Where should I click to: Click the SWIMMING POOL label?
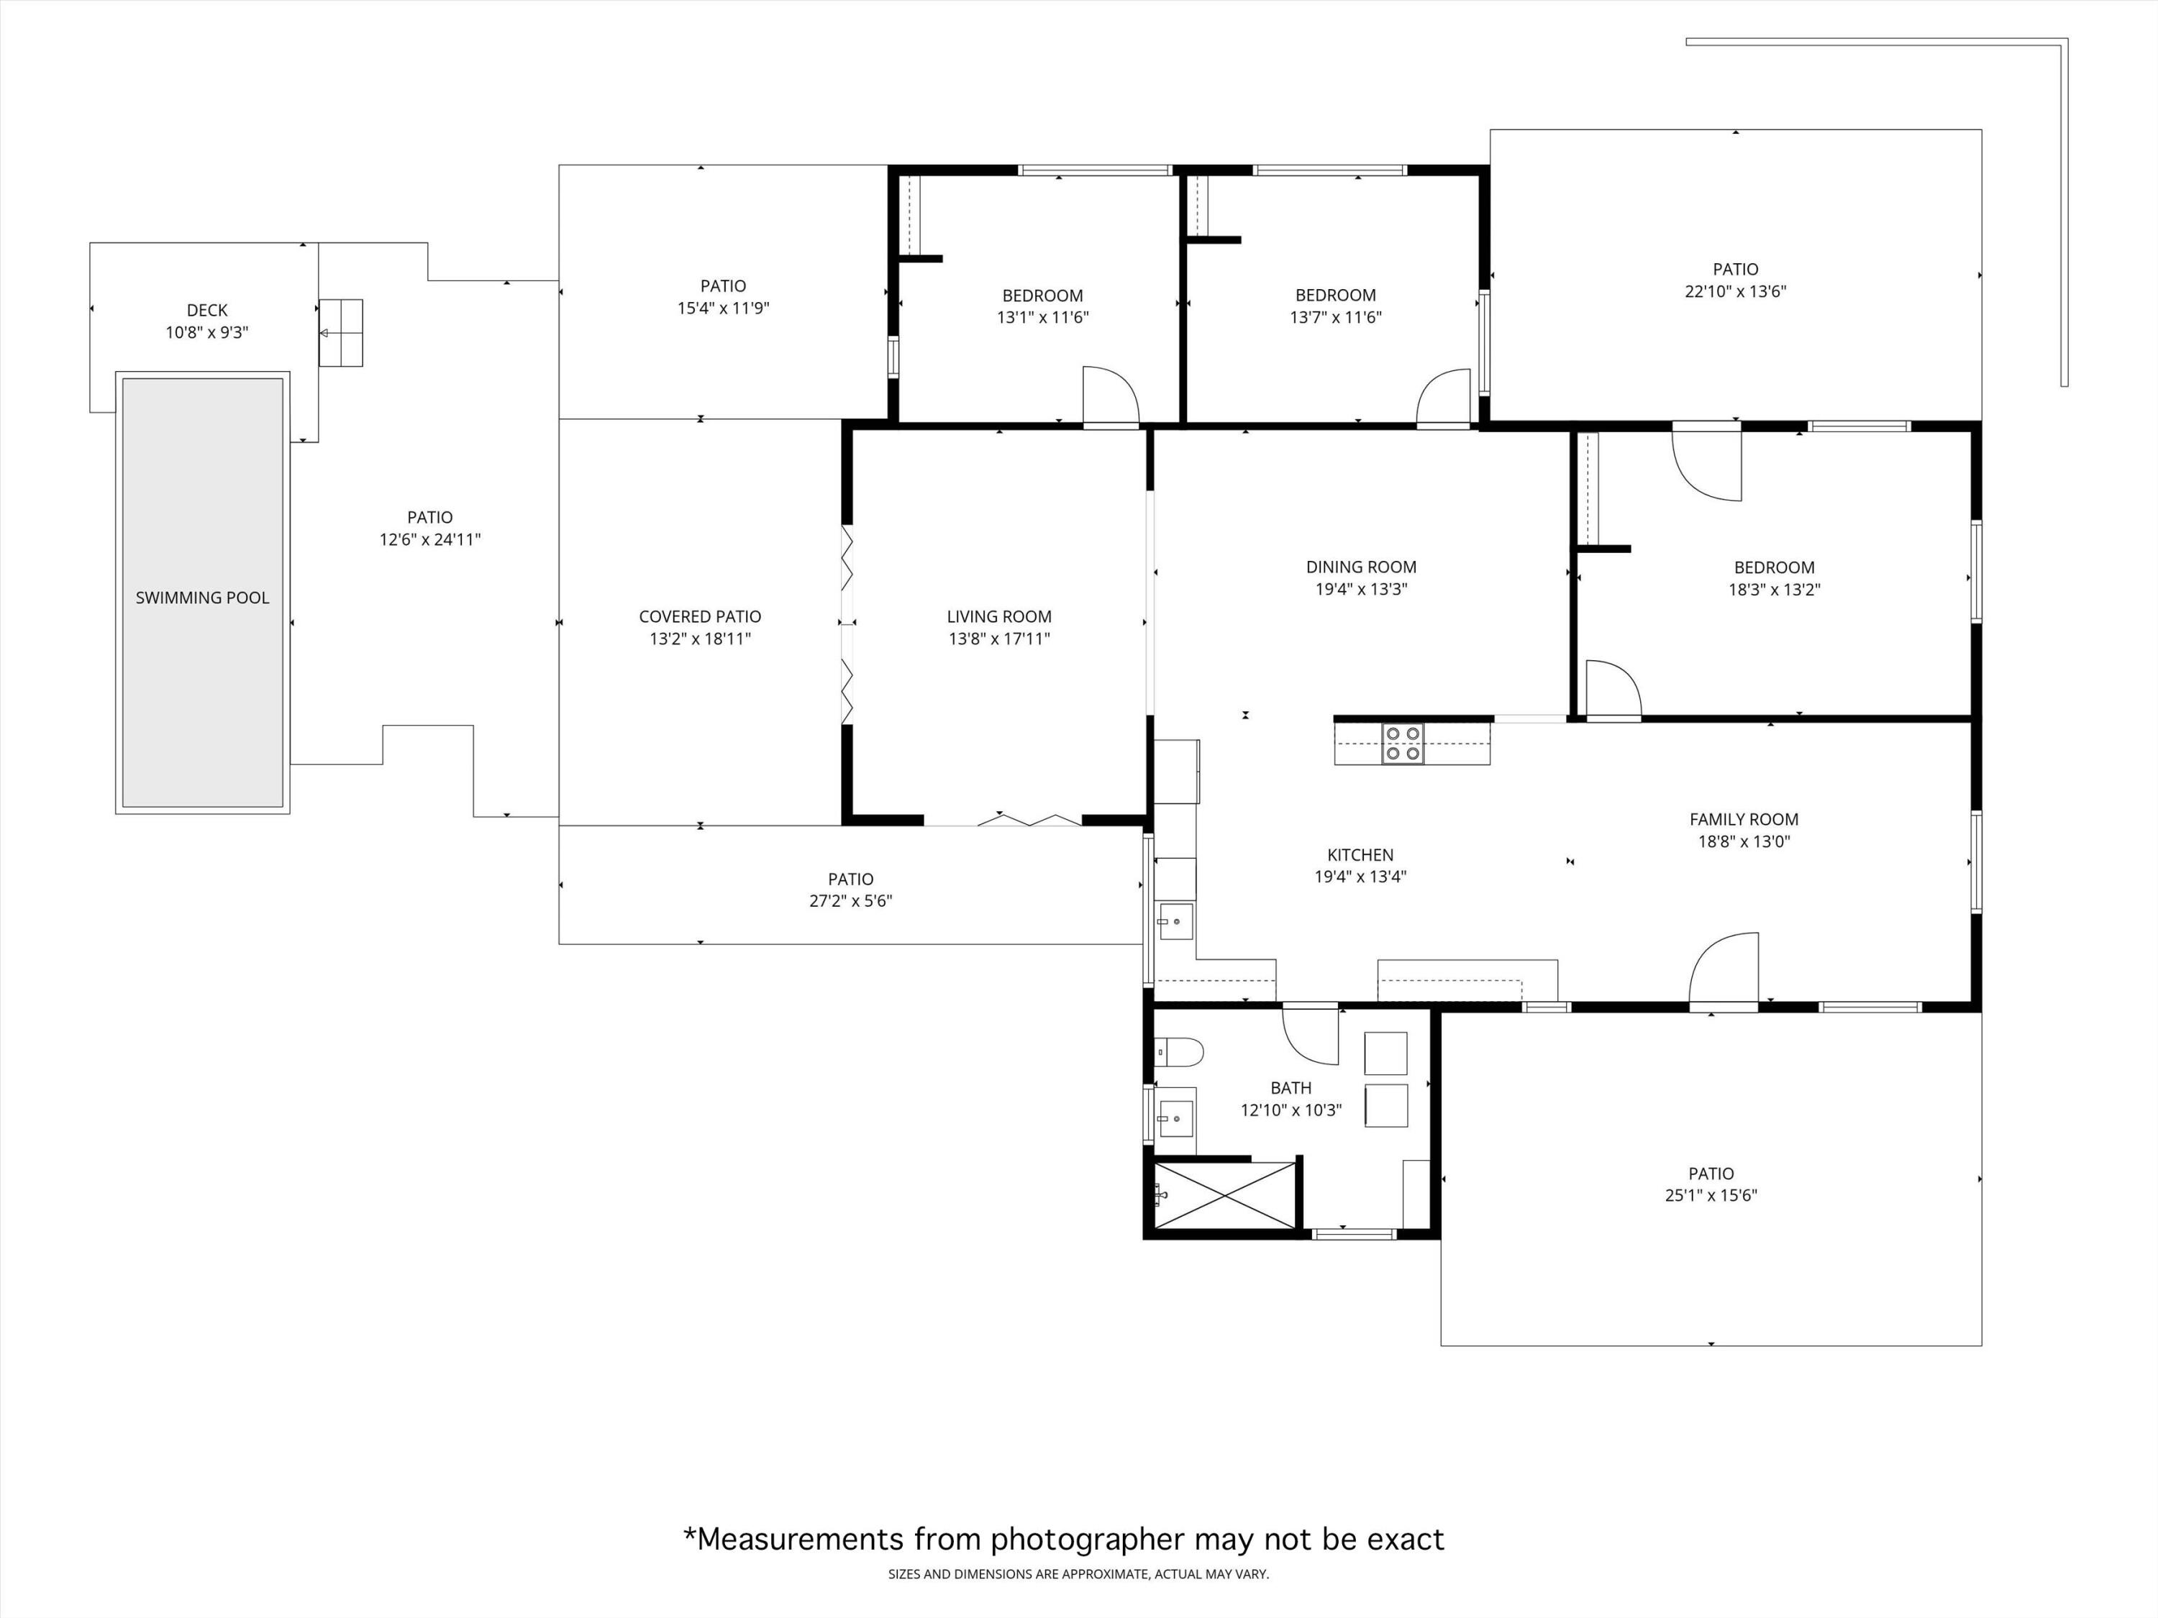(202, 598)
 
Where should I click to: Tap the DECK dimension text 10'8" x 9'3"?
(207, 332)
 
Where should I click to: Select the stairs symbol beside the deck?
(340, 332)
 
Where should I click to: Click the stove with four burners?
(1402, 743)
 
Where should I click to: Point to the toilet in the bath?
(1180, 1052)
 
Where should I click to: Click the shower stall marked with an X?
(1224, 1194)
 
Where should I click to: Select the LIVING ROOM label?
(999, 616)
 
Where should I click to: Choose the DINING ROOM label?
(1361, 567)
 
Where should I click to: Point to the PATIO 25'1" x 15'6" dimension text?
(1710, 1194)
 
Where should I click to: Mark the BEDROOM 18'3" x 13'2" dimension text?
(1774, 589)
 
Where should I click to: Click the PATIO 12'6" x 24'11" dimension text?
(429, 539)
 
